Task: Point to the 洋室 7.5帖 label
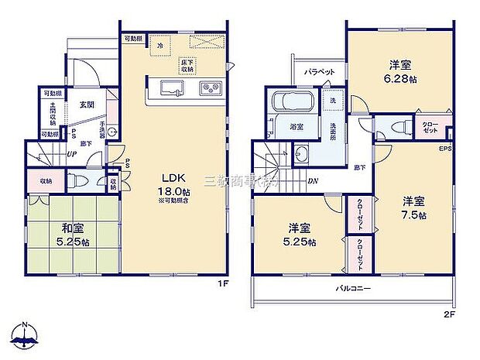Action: [413, 208]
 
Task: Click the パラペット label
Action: [318, 72]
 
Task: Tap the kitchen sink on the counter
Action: [169, 87]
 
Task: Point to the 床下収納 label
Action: [187, 66]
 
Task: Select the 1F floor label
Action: [222, 284]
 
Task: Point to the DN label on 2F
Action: [311, 182]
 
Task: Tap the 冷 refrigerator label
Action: [159, 46]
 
